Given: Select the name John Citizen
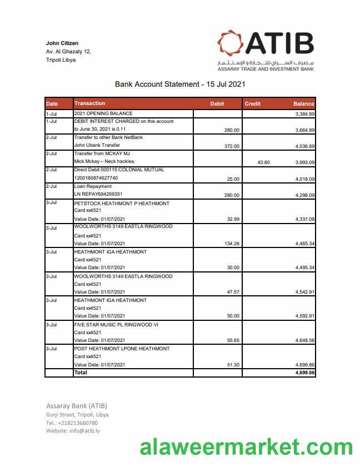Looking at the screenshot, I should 62,43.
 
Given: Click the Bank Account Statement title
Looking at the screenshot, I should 180,85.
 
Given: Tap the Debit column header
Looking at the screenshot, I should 217,104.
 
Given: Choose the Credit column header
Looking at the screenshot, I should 253,104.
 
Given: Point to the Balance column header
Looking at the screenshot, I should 303,104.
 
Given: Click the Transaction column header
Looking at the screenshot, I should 89,103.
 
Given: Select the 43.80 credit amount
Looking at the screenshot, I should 263,162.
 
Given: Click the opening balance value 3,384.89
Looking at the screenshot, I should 305,113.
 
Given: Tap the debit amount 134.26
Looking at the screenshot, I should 231,244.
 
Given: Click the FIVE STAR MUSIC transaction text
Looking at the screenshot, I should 116,324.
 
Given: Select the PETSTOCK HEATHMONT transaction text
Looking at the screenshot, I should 122,204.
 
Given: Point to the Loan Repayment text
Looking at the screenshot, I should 93,186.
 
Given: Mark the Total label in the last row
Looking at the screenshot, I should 81,373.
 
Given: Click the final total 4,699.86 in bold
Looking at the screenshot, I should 305,373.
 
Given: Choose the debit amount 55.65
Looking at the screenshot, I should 232,340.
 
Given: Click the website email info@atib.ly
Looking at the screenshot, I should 84,431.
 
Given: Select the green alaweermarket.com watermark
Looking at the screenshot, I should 246,447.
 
